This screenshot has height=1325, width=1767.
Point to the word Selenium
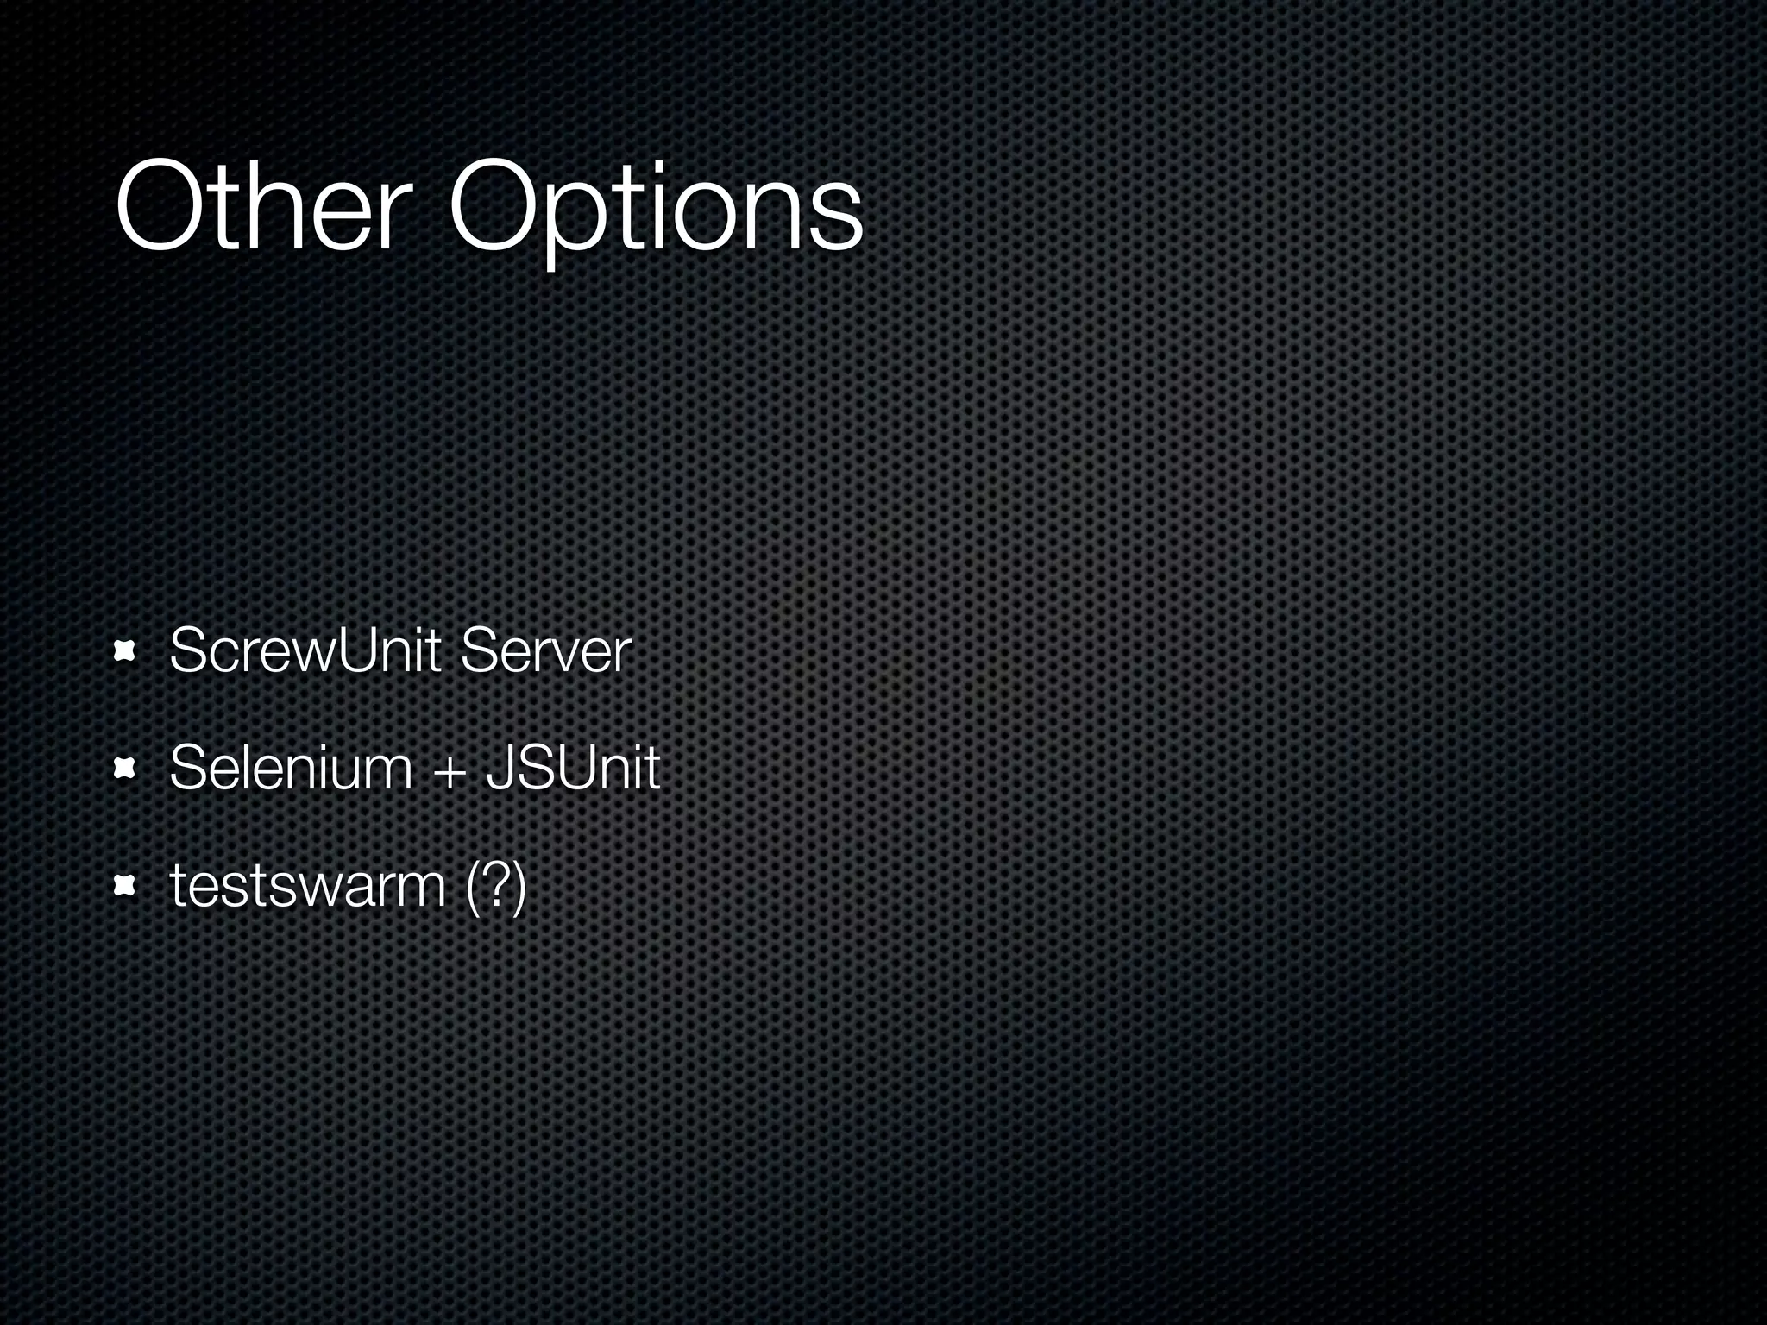[x=291, y=767]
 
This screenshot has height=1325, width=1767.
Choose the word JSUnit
[x=573, y=767]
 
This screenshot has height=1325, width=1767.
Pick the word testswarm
[x=307, y=885]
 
